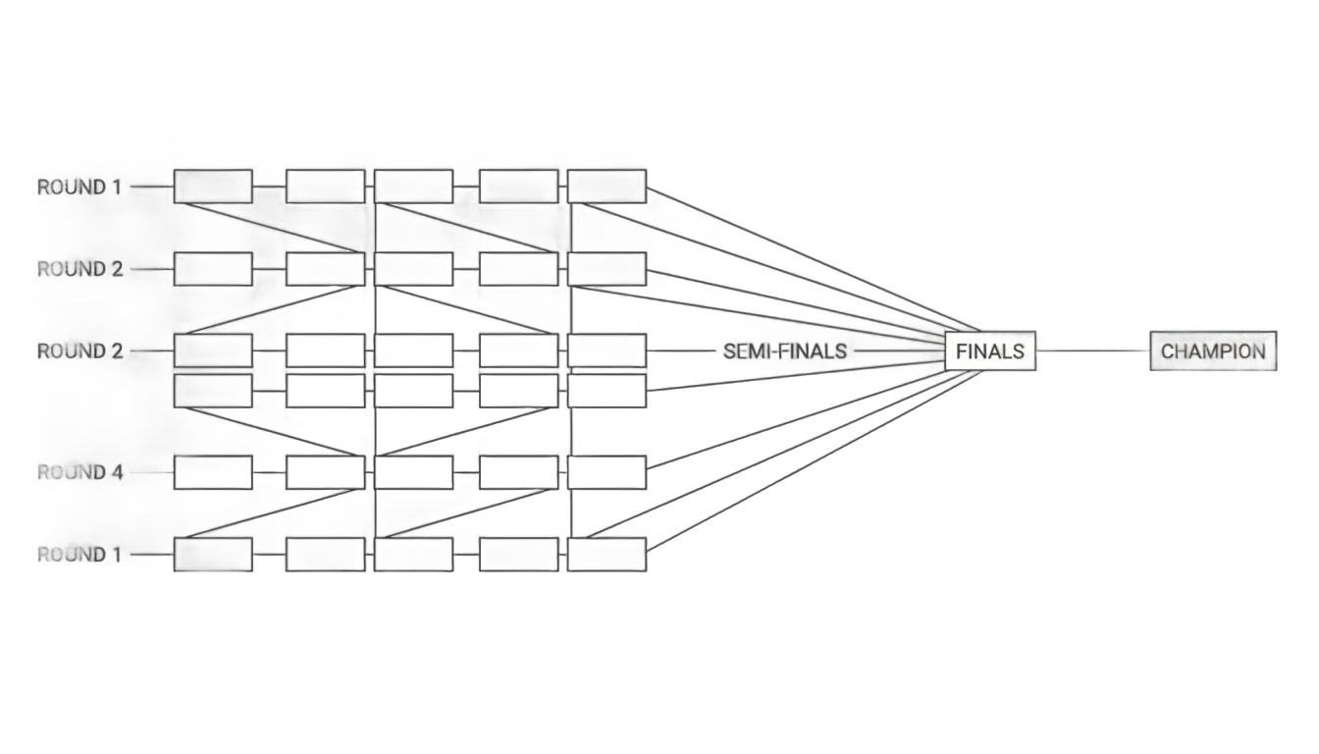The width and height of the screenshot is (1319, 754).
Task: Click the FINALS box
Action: pyautogui.click(x=990, y=351)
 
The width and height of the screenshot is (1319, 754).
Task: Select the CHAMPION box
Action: pyautogui.click(x=1213, y=351)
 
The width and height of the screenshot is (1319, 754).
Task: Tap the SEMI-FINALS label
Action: pyautogui.click(x=784, y=351)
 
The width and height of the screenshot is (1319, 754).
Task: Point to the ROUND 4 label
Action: pyautogui.click(x=80, y=472)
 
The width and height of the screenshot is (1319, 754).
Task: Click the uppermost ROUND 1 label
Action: pyautogui.click(x=79, y=188)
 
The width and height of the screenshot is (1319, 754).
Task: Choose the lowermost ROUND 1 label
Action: pyautogui.click(x=79, y=555)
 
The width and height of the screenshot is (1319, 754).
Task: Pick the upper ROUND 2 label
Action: pyautogui.click(x=80, y=269)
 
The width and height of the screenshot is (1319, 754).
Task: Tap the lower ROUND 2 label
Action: pyautogui.click(x=80, y=351)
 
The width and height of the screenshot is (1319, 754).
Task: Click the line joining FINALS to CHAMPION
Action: pyautogui.click(x=1093, y=351)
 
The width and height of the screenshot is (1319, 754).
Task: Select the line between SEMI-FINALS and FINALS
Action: pyautogui.click(x=899, y=351)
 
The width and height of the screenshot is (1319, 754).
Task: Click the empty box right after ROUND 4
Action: pyautogui.click(x=213, y=472)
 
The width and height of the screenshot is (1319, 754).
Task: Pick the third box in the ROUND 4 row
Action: pyautogui.click(x=413, y=472)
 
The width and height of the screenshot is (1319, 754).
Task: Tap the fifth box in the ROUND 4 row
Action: pyautogui.click(x=607, y=472)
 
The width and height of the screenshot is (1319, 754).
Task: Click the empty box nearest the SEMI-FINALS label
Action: pyautogui.click(x=607, y=351)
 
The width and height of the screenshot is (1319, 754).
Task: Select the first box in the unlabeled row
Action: pyautogui.click(x=213, y=391)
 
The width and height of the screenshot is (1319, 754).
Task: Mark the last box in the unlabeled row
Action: pyautogui.click(x=607, y=391)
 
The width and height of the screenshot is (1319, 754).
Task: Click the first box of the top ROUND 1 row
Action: pyautogui.click(x=213, y=187)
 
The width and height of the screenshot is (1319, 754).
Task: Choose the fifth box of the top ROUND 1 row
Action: pyautogui.click(x=607, y=187)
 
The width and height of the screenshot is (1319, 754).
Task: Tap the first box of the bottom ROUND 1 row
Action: pyautogui.click(x=213, y=555)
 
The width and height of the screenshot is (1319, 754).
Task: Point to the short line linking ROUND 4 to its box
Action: pyautogui.click(x=151, y=472)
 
